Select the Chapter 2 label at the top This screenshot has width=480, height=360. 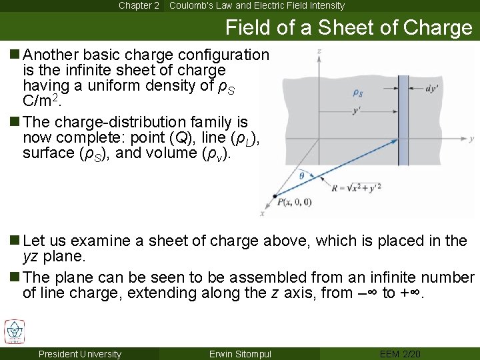coord(139,5)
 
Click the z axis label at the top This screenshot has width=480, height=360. coord(320,51)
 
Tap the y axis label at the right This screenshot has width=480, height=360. coord(471,139)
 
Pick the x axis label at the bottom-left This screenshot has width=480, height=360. coord(261,213)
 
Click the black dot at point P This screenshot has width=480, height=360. coord(275,196)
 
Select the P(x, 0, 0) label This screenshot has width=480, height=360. coord(294,203)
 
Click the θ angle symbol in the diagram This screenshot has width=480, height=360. coord(301,176)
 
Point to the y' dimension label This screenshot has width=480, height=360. coord(357,110)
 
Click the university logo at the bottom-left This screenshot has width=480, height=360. coord(14,332)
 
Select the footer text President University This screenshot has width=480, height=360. coord(80,354)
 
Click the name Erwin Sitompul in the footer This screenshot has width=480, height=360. coord(240,354)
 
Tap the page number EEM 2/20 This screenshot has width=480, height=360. coord(399,354)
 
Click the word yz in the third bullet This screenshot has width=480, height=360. coord(31,257)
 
